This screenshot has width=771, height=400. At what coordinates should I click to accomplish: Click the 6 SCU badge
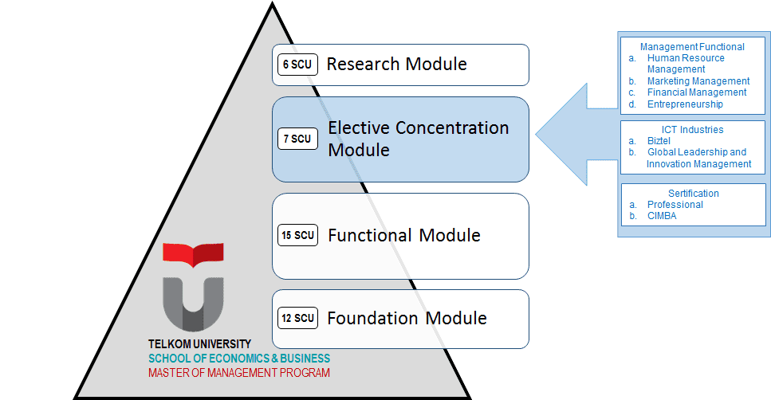click(297, 65)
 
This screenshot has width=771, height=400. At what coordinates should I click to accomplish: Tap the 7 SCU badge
click(297, 139)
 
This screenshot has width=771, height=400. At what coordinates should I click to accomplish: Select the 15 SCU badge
click(297, 235)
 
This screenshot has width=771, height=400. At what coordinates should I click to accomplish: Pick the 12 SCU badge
click(297, 318)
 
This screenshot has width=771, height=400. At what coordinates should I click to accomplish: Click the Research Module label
click(397, 64)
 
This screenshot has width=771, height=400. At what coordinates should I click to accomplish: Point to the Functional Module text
click(404, 235)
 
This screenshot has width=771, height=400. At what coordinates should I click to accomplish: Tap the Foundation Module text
click(407, 318)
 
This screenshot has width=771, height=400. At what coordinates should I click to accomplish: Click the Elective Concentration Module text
click(419, 139)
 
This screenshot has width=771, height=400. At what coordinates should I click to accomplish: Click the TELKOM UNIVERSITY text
click(199, 344)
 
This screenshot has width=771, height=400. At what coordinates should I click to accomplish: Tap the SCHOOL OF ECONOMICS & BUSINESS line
click(239, 359)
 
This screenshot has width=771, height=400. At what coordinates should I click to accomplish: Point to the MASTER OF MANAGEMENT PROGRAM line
click(239, 373)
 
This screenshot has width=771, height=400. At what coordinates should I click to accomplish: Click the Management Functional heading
click(692, 47)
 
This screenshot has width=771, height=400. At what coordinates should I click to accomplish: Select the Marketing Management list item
click(698, 81)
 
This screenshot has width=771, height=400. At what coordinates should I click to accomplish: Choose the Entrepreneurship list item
click(685, 104)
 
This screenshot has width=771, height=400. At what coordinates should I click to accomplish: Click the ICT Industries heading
click(692, 130)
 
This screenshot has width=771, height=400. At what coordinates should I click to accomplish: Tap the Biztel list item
click(659, 141)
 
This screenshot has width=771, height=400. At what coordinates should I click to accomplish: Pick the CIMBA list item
click(662, 216)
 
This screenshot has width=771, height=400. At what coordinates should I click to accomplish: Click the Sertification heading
click(694, 193)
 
